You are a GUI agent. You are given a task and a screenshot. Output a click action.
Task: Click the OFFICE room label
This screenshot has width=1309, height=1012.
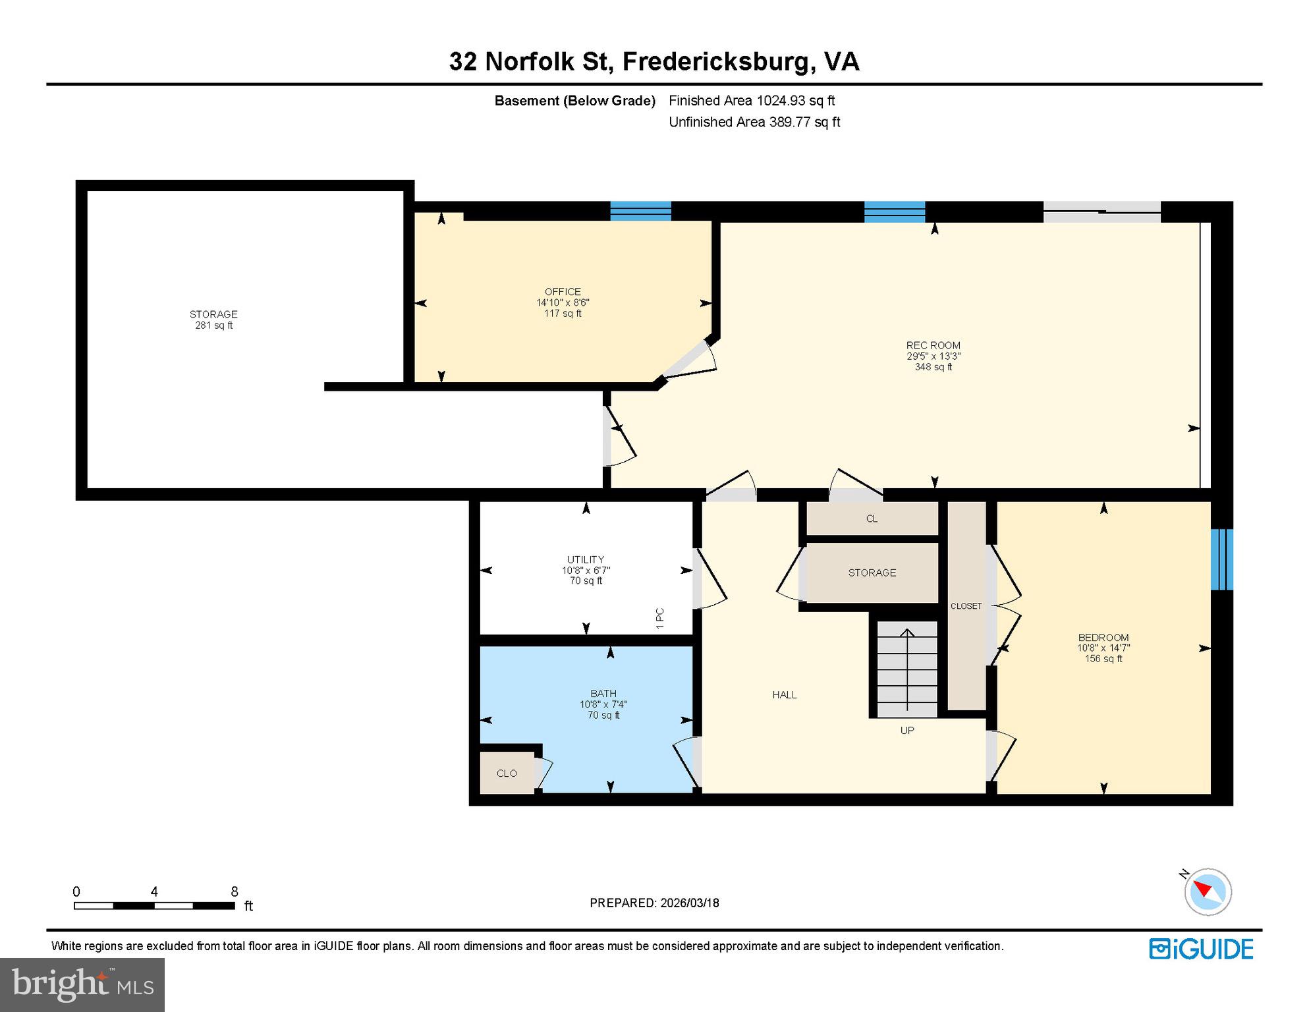563,292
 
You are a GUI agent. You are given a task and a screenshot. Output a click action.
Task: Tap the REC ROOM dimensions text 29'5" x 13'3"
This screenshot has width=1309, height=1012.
933,356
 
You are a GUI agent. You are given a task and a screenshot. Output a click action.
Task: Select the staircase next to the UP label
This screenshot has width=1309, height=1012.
907,669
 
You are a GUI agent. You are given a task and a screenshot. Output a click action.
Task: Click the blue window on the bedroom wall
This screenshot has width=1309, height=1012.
1221,559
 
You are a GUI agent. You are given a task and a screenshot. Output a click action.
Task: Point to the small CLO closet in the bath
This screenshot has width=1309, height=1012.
507,773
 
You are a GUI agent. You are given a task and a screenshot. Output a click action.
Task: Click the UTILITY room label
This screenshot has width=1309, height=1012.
585,559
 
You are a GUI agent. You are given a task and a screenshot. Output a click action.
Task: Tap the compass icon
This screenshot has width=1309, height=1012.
1208,892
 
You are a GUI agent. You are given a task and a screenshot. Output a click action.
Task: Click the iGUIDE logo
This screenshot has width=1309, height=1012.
1201,949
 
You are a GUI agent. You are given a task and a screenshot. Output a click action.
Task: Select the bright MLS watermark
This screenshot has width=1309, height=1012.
82,984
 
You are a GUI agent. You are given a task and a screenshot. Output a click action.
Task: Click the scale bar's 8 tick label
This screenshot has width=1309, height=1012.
234,892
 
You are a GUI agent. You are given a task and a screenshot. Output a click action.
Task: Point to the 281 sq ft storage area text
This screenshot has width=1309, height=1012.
213,325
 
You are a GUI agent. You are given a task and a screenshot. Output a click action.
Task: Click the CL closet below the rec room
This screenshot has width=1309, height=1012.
872,519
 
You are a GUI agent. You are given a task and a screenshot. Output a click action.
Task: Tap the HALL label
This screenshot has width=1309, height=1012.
784,695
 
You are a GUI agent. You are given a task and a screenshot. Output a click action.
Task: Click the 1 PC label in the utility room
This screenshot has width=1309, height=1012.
660,618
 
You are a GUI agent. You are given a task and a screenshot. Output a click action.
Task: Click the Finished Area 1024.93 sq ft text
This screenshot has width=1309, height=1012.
751,101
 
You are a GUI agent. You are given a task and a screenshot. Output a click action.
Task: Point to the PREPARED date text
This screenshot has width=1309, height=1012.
654,903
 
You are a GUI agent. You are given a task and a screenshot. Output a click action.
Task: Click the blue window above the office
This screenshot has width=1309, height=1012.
640,211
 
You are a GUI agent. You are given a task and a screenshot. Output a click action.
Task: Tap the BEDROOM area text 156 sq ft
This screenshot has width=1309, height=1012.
1103,659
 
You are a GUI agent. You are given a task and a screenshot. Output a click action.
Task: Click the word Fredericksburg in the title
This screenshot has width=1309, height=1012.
715,62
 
